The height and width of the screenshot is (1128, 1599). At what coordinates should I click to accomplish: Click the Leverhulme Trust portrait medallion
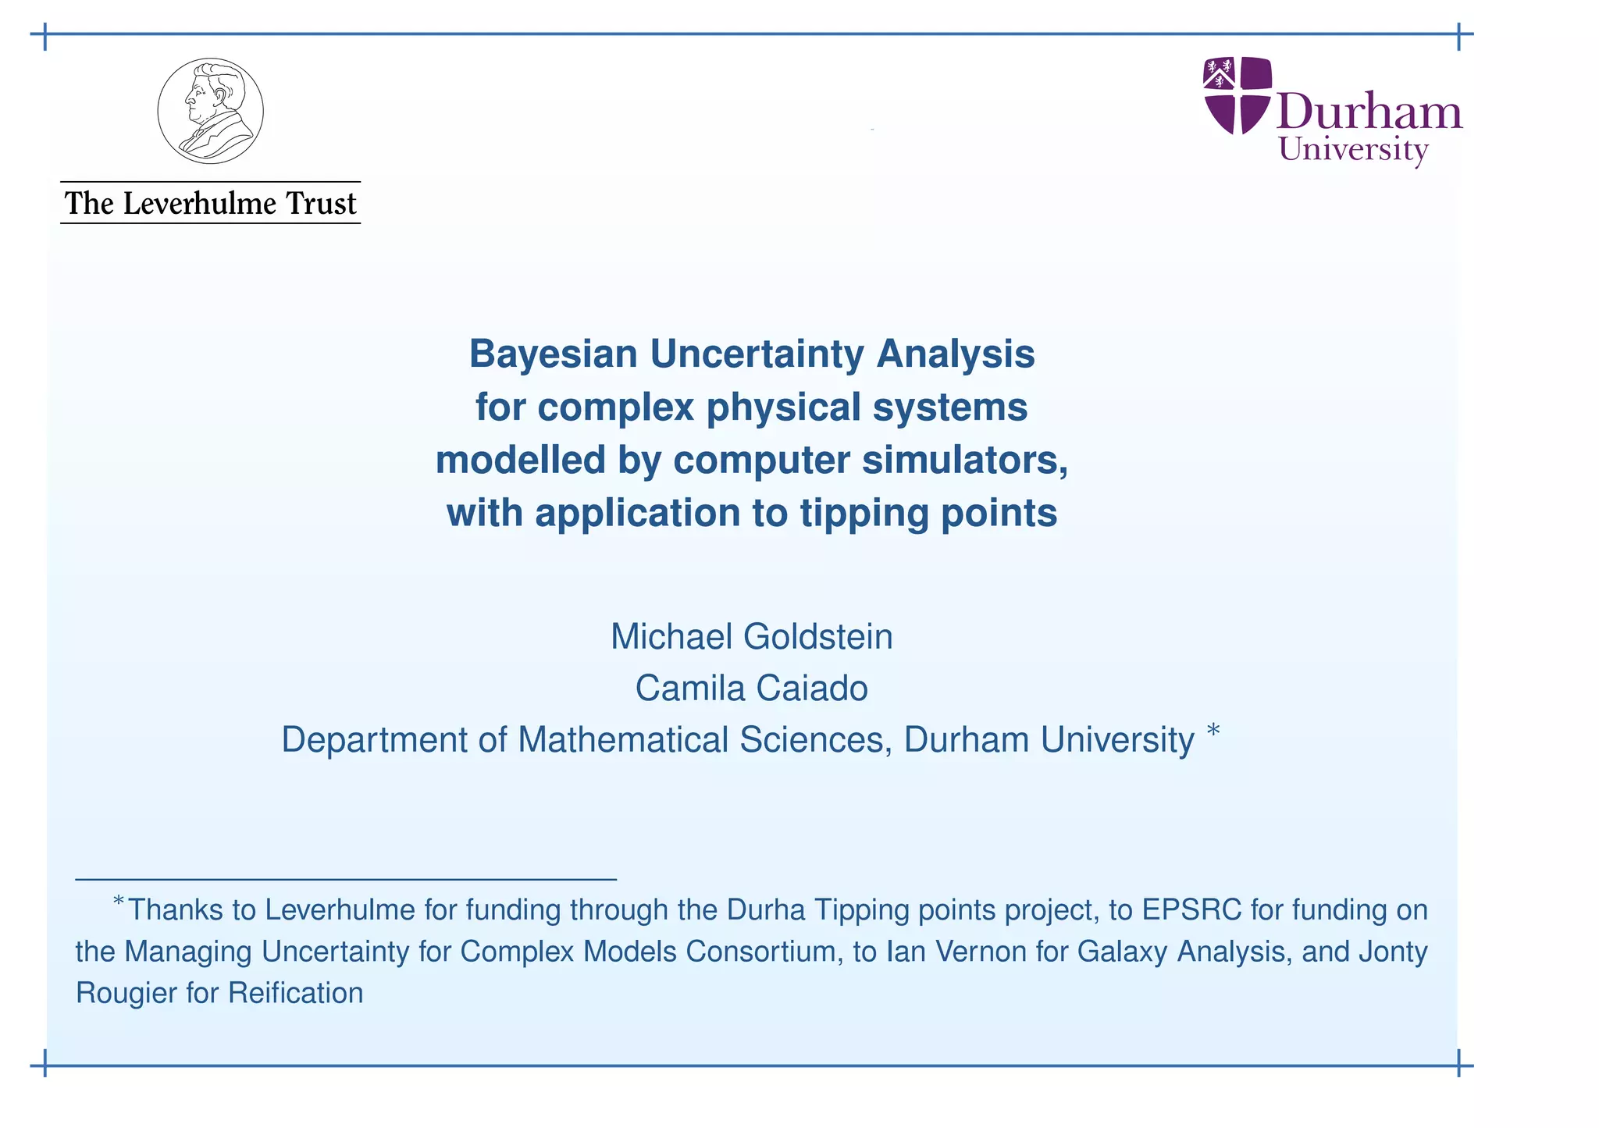click(210, 111)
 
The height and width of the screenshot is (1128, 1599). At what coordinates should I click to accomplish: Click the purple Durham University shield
click(1238, 94)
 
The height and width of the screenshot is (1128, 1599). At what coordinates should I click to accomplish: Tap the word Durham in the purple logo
click(1370, 112)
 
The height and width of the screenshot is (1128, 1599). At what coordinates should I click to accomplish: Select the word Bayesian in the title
click(553, 354)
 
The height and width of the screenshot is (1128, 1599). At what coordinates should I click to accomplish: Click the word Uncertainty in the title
click(757, 354)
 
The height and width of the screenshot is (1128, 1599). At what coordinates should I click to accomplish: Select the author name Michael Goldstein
click(751, 636)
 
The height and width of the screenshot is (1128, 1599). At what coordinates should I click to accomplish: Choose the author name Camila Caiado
click(751, 689)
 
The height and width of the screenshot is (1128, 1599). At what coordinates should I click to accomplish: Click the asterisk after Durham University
click(1213, 731)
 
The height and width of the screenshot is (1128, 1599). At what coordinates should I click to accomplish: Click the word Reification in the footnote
click(296, 993)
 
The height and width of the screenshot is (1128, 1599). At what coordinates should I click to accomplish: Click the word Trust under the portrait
click(321, 204)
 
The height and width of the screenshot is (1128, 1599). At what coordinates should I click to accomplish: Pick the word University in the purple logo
click(1353, 150)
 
